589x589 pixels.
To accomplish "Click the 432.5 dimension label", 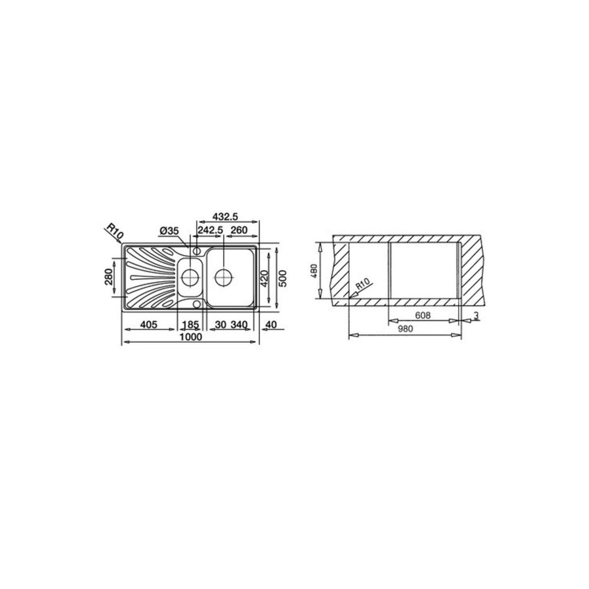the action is click(x=225, y=217).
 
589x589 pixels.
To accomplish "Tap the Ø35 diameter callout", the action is click(x=169, y=231).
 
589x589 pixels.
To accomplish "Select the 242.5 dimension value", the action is click(x=210, y=230).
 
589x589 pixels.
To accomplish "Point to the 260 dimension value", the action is click(x=239, y=230).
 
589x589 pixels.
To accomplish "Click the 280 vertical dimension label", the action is click(x=109, y=276).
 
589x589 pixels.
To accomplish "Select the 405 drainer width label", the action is click(x=149, y=324).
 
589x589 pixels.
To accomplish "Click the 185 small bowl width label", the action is click(x=190, y=324).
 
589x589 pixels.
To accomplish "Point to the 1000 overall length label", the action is click(x=191, y=337).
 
